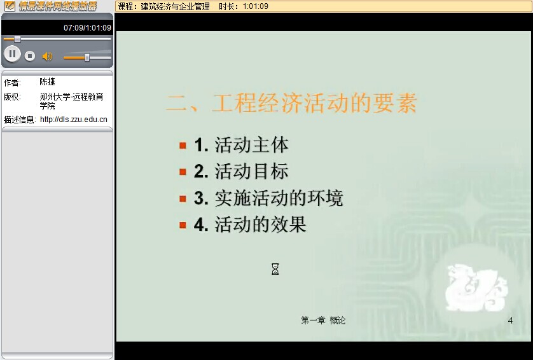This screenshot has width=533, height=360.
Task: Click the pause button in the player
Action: coord(12,54)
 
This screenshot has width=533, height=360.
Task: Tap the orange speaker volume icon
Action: coord(47,56)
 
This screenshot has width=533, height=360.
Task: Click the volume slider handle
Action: coord(87,57)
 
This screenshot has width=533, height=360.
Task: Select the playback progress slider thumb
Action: coord(17,39)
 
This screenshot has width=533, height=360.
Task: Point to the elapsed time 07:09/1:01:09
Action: coord(87,28)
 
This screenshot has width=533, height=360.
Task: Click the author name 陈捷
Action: coord(47,81)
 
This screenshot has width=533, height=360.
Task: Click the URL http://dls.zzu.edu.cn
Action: coord(73,120)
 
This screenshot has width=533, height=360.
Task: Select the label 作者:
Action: coord(12,83)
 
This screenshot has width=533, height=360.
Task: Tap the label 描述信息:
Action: coord(20,120)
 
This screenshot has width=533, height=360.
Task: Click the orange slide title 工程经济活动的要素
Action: coord(314,102)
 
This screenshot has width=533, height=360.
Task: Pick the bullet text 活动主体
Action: coord(251,145)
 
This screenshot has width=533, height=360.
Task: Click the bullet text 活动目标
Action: coord(251,171)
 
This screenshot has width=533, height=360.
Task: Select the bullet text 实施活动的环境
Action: coord(279,198)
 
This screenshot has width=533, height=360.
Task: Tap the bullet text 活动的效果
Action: coord(260,225)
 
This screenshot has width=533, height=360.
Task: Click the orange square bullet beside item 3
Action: coord(183,198)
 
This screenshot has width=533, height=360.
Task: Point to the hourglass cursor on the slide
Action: coord(275,269)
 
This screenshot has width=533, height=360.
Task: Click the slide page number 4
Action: coord(510,320)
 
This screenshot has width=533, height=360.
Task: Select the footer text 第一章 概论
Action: coord(323,320)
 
